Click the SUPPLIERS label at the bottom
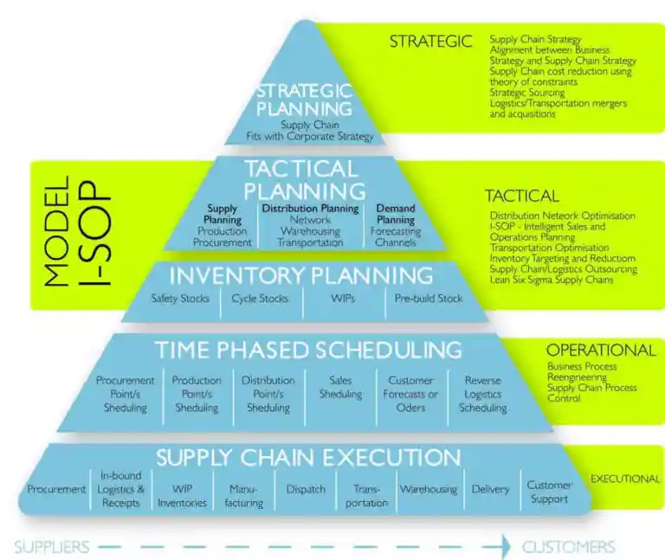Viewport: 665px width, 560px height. tap(52, 547)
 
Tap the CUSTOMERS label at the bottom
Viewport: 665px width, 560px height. tap(568, 547)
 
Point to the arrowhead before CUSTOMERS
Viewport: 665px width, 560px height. tap(506, 546)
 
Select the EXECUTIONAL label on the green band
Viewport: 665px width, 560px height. tap(625, 479)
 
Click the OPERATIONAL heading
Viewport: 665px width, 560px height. tap(601, 351)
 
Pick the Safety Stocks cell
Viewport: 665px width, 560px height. tap(180, 299)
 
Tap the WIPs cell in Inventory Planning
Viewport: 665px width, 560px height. tap(343, 299)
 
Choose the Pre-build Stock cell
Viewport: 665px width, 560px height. tap(429, 299)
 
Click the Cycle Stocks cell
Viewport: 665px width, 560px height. tap(260, 299)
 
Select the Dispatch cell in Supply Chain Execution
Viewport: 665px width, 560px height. tap(306, 489)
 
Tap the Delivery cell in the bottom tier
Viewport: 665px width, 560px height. tap(490, 489)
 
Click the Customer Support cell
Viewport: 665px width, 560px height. tap(549, 492)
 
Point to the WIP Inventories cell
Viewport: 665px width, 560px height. tap(183, 496)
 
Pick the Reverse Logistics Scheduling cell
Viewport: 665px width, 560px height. tap(483, 394)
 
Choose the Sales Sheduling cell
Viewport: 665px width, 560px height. tap(340, 387)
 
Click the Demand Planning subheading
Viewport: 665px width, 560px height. tap(396, 214)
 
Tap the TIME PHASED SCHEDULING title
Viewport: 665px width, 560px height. tap(308, 351)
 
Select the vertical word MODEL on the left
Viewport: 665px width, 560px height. tap(56, 231)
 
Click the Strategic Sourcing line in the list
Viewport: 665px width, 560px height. tap(527, 93)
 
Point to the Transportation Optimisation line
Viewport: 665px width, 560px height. tap(549, 248)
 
